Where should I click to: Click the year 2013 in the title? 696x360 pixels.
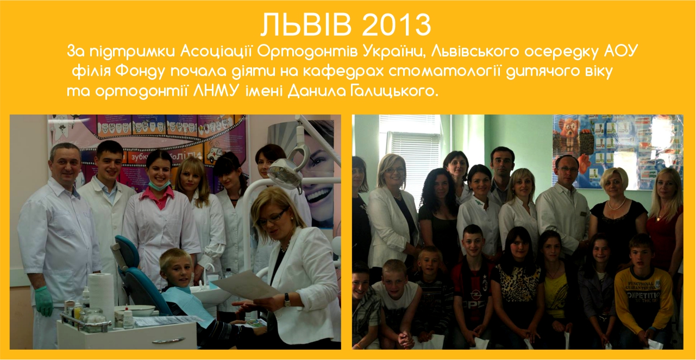tap(397, 24)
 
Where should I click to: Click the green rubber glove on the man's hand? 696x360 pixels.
tap(44, 301)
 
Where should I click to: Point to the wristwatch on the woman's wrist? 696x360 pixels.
tap(287, 299)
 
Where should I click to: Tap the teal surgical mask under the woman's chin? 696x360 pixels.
tap(159, 184)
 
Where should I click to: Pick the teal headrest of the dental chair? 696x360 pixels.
tap(127, 249)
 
